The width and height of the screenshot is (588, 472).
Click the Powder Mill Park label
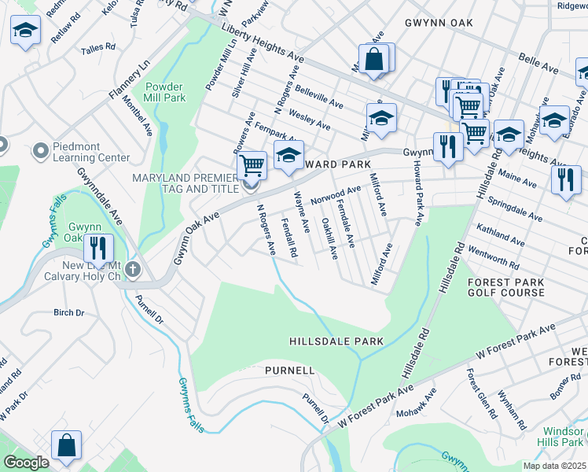pos(164,92)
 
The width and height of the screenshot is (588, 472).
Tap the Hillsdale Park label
pos(336,341)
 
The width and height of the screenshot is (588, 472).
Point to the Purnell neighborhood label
pos(289,370)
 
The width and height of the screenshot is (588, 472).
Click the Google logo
pos(26,463)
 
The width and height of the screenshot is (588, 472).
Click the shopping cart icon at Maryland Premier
pos(252,165)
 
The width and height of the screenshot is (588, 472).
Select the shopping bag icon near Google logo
pos(67,444)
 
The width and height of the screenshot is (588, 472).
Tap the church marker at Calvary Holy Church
pos(134,271)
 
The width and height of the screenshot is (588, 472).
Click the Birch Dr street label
pos(68,312)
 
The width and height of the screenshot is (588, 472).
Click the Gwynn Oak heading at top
pos(439,23)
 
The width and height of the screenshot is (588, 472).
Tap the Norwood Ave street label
pos(336,194)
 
